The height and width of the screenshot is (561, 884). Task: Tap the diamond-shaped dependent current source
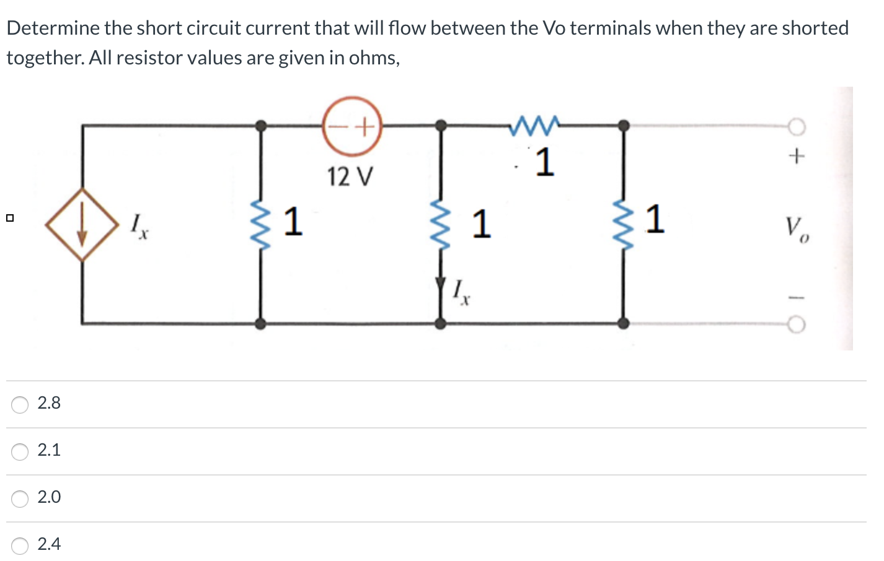coord(82,225)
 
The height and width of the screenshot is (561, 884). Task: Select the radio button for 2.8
coord(20,404)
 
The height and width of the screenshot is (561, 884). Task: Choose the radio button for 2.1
coord(20,451)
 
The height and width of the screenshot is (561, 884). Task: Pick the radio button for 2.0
coord(20,498)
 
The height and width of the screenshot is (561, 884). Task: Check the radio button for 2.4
coord(20,546)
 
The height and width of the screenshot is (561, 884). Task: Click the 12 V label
coord(350,177)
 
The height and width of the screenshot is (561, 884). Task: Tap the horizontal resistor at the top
coord(534,125)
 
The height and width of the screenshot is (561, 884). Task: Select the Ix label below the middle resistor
coord(461,292)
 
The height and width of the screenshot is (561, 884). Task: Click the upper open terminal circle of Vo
coord(797,127)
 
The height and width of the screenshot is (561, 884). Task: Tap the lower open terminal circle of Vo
coord(797,324)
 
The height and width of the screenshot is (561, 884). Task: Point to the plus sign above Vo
coord(797,156)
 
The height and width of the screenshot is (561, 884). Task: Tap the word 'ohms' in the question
coord(373,58)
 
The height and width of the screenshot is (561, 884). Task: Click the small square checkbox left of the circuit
coord(9,218)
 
